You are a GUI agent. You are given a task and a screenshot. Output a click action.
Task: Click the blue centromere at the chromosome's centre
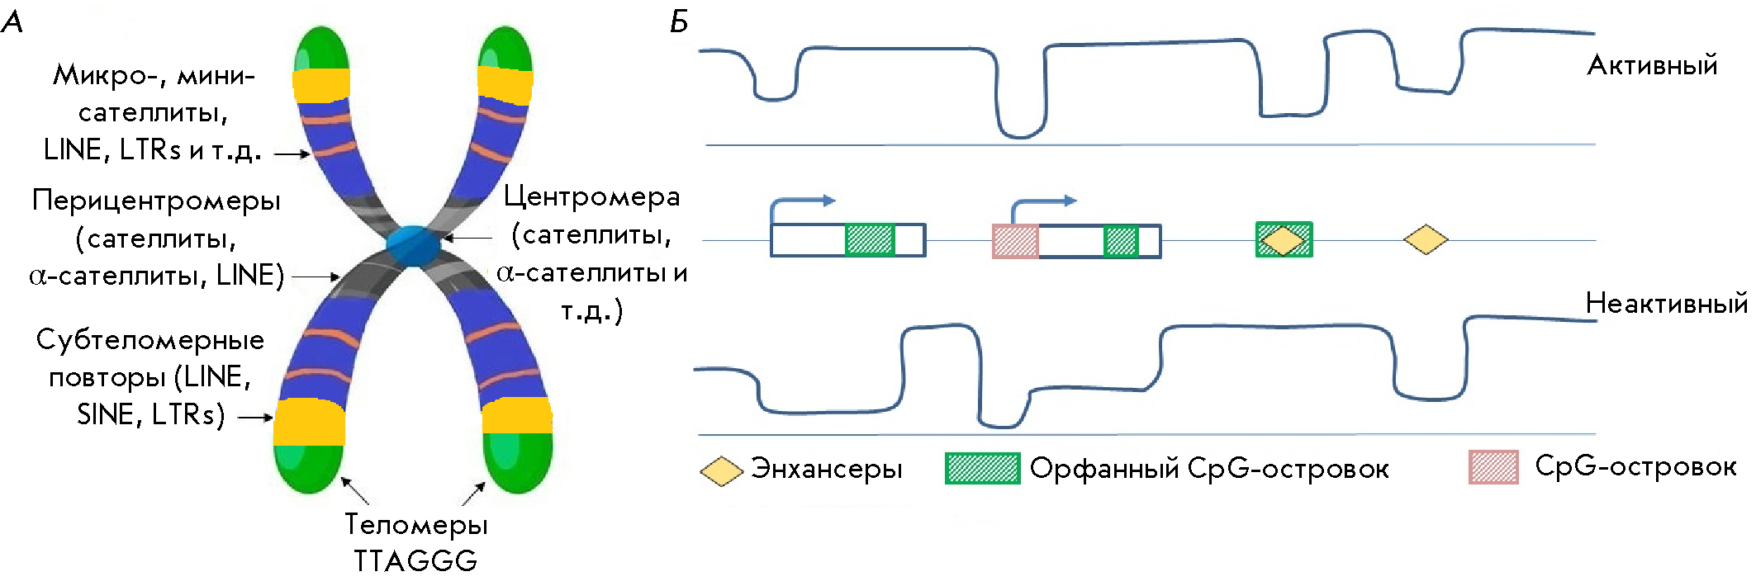(414, 245)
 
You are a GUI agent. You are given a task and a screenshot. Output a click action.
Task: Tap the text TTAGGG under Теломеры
(415, 561)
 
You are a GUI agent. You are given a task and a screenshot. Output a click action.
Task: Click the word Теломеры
(415, 524)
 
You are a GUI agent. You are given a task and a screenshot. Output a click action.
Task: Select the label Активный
(1652, 65)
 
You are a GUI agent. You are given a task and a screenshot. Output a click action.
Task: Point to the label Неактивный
(1666, 304)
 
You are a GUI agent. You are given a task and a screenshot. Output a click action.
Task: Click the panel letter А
(12, 22)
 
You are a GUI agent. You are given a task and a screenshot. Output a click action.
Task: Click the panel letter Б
(679, 22)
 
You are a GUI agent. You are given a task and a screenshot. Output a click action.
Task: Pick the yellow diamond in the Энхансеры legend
(721, 470)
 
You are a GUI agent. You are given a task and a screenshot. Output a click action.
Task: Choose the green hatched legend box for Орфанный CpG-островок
(982, 468)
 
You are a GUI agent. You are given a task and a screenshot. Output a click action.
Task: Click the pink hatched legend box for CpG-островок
(1493, 467)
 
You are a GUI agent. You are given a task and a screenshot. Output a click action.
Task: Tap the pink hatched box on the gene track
(1015, 241)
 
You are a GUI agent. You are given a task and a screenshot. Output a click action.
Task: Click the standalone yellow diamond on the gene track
(1426, 240)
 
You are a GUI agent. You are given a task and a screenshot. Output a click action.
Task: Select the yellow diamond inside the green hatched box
(1284, 240)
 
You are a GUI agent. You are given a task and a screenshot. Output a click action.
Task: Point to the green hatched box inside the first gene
(870, 240)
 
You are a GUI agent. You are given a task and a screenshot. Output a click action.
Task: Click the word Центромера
(591, 196)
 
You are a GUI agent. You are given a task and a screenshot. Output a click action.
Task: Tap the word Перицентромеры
(156, 201)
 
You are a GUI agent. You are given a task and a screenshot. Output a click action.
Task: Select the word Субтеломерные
(150, 339)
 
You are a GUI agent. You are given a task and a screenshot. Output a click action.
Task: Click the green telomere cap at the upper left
(321, 48)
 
